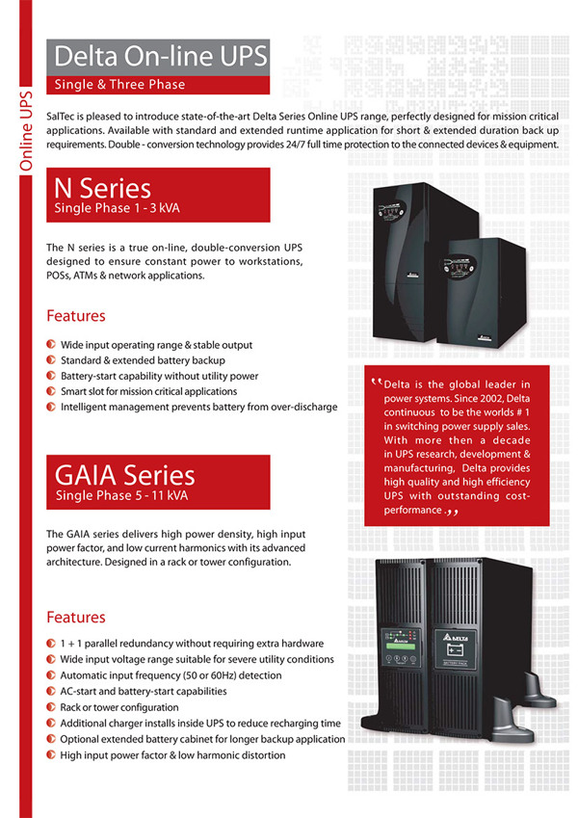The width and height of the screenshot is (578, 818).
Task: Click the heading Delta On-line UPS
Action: pyautogui.click(x=160, y=54)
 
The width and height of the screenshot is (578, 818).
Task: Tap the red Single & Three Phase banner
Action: pyautogui.click(x=120, y=84)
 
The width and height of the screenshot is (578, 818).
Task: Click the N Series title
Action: pyautogui.click(x=103, y=186)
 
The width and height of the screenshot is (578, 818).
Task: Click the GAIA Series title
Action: pyautogui.click(x=125, y=474)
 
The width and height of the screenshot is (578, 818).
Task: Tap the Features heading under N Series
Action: pyautogui.click(x=76, y=316)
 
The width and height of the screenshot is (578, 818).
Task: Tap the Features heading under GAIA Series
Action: pyautogui.click(x=76, y=617)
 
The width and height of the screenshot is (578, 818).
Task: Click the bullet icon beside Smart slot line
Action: pyautogui.click(x=51, y=391)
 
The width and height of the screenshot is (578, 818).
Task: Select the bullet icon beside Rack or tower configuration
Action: pyautogui.click(x=51, y=707)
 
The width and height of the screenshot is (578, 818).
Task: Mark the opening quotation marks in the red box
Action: pyautogui.click(x=375, y=384)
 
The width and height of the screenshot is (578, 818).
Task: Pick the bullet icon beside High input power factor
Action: pyautogui.click(x=51, y=755)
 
